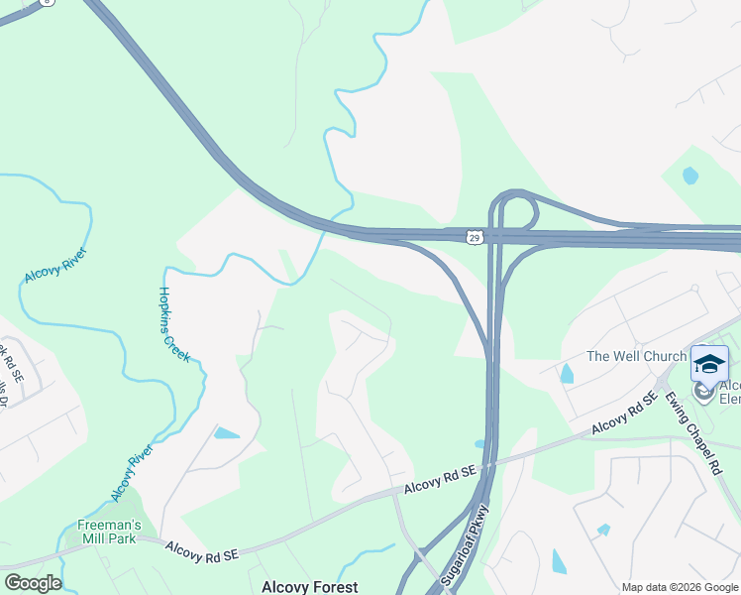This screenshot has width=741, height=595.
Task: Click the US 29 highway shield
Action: (x=476, y=236)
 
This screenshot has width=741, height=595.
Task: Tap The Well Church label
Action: (x=637, y=356)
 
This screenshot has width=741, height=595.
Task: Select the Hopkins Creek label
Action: (x=174, y=323)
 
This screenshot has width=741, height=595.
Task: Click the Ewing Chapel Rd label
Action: (x=692, y=432)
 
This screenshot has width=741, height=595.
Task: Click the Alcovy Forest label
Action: (x=309, y=587)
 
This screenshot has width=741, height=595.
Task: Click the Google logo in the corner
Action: (x=32, y=583)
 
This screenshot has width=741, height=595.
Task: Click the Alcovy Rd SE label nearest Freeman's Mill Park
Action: (x=202, y=548)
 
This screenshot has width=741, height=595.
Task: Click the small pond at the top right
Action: (x=690, y=177)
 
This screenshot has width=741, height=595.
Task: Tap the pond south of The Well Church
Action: (x=566, y=374)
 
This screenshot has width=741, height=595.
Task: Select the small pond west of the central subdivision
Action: (x=226, y=433)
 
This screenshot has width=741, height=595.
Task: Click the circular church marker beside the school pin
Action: (x=704, y=391)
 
